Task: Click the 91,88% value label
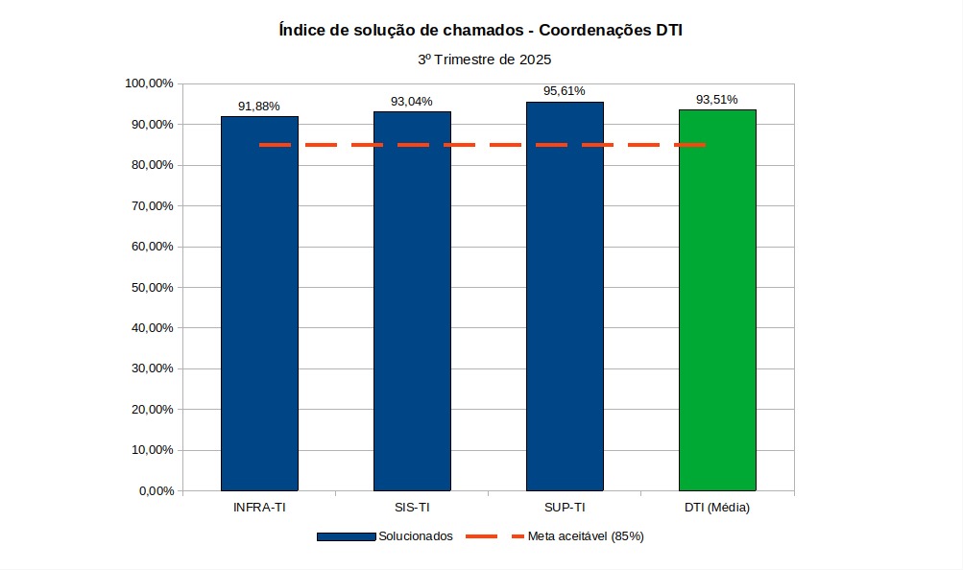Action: click(x=259, y=107)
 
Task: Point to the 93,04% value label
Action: click(x=412, y=102)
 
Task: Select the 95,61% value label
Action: click(x=565, y=92)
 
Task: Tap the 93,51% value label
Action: click(x=717, y=100)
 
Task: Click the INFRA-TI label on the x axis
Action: click(x=259, y=508)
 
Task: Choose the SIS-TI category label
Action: click(x=412, y=508)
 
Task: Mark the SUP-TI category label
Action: click(x=565, y=508)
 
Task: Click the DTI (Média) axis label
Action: click(x=717, y=508)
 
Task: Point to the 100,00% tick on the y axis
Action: click(x=149, y=83)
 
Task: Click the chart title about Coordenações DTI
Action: click(x=481, y=31)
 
